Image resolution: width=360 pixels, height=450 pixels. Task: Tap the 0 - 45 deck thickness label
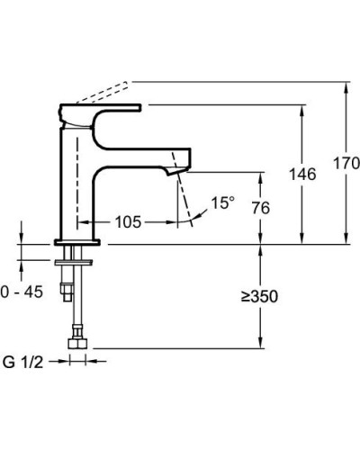(21, 292)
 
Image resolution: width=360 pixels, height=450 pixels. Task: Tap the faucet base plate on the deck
(79, 242)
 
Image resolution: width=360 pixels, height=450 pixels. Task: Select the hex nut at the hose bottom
(76, 343)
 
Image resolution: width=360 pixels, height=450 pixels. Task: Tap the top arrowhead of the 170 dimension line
(347, 86)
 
